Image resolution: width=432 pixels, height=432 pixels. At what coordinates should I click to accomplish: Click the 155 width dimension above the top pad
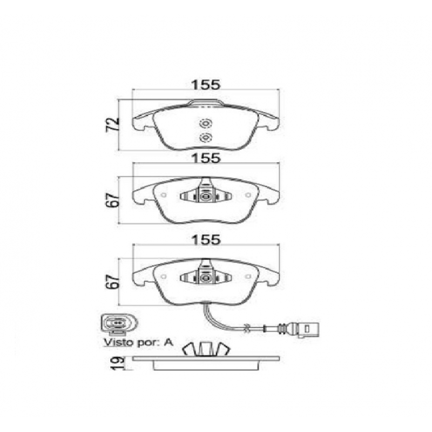[206, 85]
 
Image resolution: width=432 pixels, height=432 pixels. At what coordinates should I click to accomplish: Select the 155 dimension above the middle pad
[206, 158]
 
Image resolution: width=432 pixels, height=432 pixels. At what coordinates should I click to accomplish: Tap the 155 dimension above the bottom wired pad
[206, 239]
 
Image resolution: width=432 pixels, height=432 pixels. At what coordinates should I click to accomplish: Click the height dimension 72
[113, 125]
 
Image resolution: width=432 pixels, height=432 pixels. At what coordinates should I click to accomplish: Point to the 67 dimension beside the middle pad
[113, 199]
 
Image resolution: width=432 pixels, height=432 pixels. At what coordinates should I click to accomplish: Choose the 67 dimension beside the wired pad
[113, 281]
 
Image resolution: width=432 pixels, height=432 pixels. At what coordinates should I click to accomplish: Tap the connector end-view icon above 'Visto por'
[119, 323]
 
